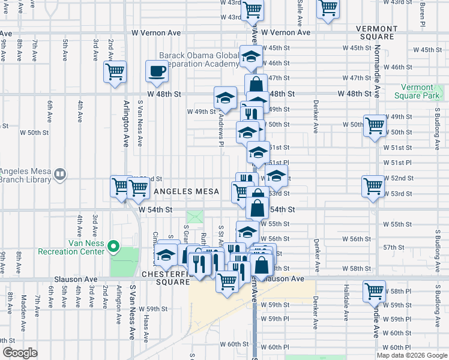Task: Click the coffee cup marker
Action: pyautogui.click(x=157, y=71)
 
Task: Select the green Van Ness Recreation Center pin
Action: pyautogui.click(x=112, y=246)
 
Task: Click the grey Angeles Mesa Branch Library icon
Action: pyautogui.click(x=60, y=175)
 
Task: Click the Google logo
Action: pyautogui.click(x=20, y=353)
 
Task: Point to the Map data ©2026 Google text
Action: pyautogui.click(x=411, y=355)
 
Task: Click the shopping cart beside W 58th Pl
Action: pyautogui.click(x=374, y=291)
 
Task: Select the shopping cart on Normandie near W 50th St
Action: pyautogui.click(x=375, y=126)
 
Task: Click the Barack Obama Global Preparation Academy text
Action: pyautogui.click(x=199, y=60)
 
